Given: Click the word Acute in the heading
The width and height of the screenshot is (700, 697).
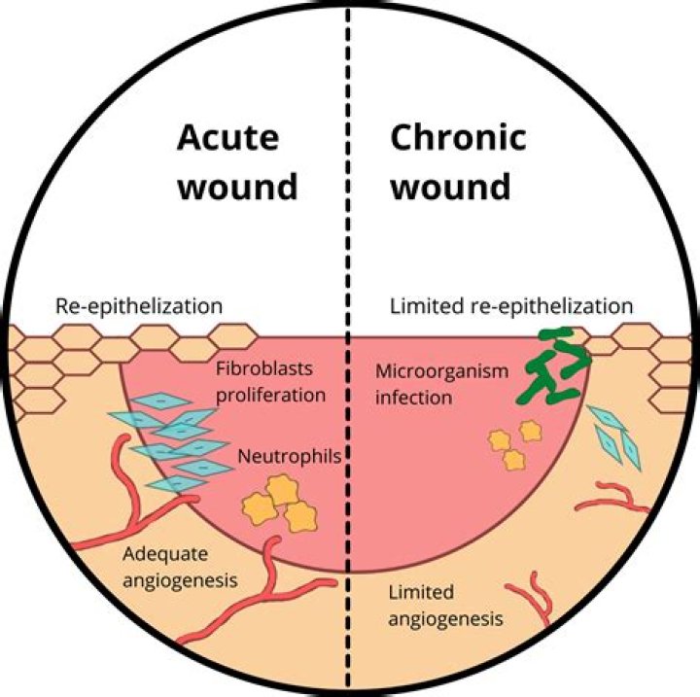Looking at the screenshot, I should [x=227, y=139].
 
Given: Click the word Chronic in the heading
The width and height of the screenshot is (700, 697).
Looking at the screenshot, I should [x=458, y=139].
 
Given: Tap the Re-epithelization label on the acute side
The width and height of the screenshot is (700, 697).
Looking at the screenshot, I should [x=139, y=306].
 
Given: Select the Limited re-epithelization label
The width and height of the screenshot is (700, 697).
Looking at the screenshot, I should [x=510, y=306].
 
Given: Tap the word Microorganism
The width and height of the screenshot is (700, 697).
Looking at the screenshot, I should [x=429, y=372].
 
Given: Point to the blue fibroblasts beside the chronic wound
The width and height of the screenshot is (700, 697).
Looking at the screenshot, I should [x=617, y=437].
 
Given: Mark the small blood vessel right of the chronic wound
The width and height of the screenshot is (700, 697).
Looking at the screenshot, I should [x=612, y=498].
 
